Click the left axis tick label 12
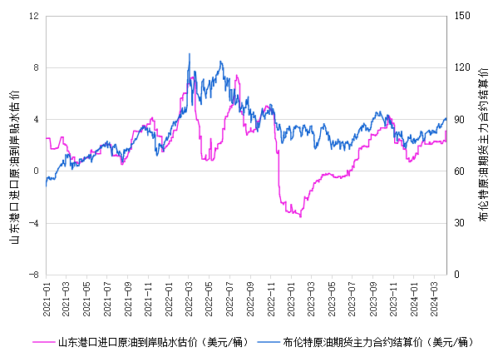pos(34,16)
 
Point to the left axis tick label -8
pos(33,275)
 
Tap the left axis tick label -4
pos(33,223)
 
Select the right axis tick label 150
pos(462,16)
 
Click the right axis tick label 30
pos(459,223)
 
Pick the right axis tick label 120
pos(462,67)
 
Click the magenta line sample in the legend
pos(43,342)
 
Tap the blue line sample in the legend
pos(269,342)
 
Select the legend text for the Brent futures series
pos(378,342)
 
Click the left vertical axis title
pos(15,167)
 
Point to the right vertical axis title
pos(483,144)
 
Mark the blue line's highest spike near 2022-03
pos(190,54)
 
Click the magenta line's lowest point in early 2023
pos(300,216)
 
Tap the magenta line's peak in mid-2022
pos(237,76)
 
